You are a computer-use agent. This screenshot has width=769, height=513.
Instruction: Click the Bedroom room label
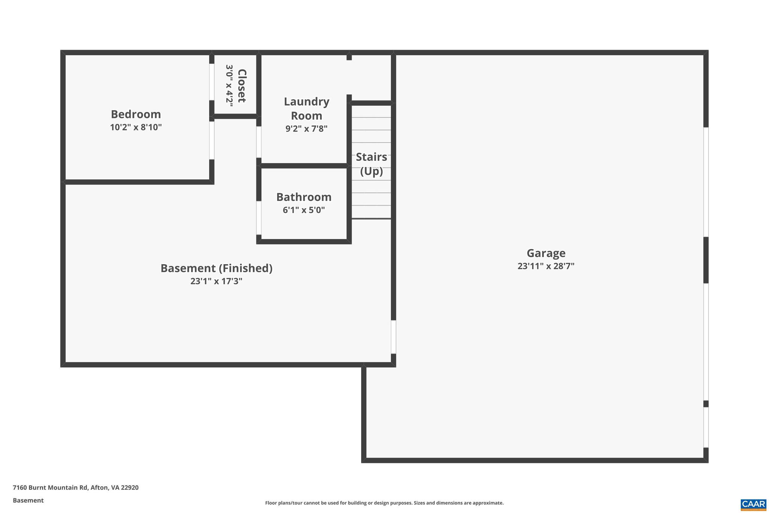[x=136, y=114]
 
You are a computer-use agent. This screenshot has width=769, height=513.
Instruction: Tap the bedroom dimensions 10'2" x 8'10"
[x=136, y=127]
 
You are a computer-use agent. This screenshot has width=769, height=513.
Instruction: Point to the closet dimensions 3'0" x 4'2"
[x=229, y=86]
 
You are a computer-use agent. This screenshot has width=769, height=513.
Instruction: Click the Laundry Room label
[x=306, y=109]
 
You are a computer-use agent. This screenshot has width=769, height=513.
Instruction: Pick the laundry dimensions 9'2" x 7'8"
[x=306, y=129]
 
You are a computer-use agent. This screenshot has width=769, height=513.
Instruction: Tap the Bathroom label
[x=304, y=197]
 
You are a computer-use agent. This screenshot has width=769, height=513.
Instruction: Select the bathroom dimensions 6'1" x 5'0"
[x=304, y=210]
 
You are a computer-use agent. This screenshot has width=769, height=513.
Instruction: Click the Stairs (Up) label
[x=371, y=164]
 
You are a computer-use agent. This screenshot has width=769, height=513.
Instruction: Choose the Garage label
[x=546, y=253]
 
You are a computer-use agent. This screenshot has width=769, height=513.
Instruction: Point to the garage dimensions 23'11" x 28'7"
[x=546, y=266]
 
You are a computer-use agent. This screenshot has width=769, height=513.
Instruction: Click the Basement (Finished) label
[x=216, y=268]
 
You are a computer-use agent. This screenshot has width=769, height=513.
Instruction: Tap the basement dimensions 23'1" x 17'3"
[x=216, y=281]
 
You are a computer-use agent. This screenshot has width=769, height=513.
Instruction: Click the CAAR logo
[x=753, y=504]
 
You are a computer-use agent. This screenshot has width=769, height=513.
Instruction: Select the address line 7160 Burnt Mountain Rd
[x=75, y=487]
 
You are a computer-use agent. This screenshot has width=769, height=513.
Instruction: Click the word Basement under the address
[x=28, y=500]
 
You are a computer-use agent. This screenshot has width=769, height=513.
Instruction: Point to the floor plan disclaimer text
[x=384, y=503]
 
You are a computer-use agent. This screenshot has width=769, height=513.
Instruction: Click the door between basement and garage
[x=394, y=337]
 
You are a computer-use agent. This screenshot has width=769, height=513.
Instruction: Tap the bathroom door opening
[x=259, y=218]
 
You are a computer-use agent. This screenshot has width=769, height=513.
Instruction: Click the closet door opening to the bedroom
[x=212, y=82]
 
